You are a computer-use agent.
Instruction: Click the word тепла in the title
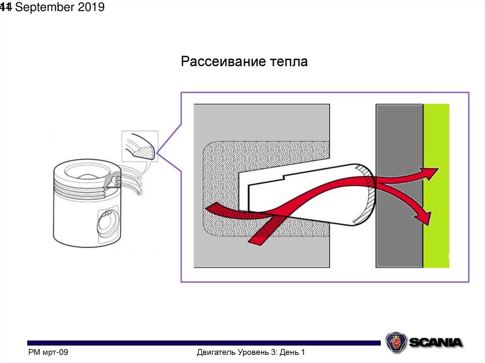[288, 62]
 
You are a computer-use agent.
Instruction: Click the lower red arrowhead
[424, 217]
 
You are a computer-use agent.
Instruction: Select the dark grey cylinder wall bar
[399, 142]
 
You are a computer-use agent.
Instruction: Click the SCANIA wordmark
[435, 342]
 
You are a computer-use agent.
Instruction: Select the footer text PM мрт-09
[48, 353]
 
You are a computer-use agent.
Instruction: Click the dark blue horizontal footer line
[204, 343]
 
